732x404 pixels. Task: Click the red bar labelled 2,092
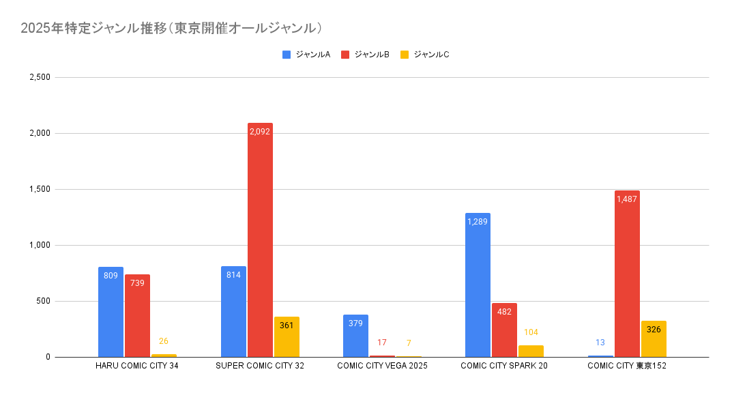260,240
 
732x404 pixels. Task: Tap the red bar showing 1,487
627,274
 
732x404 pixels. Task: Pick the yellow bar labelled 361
287,336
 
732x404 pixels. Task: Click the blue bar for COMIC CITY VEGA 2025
355,336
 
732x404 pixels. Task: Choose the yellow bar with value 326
654,338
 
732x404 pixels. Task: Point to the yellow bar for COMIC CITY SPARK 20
531,351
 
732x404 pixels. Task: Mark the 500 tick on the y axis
44,301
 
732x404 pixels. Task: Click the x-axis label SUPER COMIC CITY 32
260,366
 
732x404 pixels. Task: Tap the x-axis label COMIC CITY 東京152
626,366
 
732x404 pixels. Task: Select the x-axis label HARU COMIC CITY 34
137,366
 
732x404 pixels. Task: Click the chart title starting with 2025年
171,28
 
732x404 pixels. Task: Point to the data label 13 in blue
600,343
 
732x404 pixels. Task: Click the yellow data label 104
531,332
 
